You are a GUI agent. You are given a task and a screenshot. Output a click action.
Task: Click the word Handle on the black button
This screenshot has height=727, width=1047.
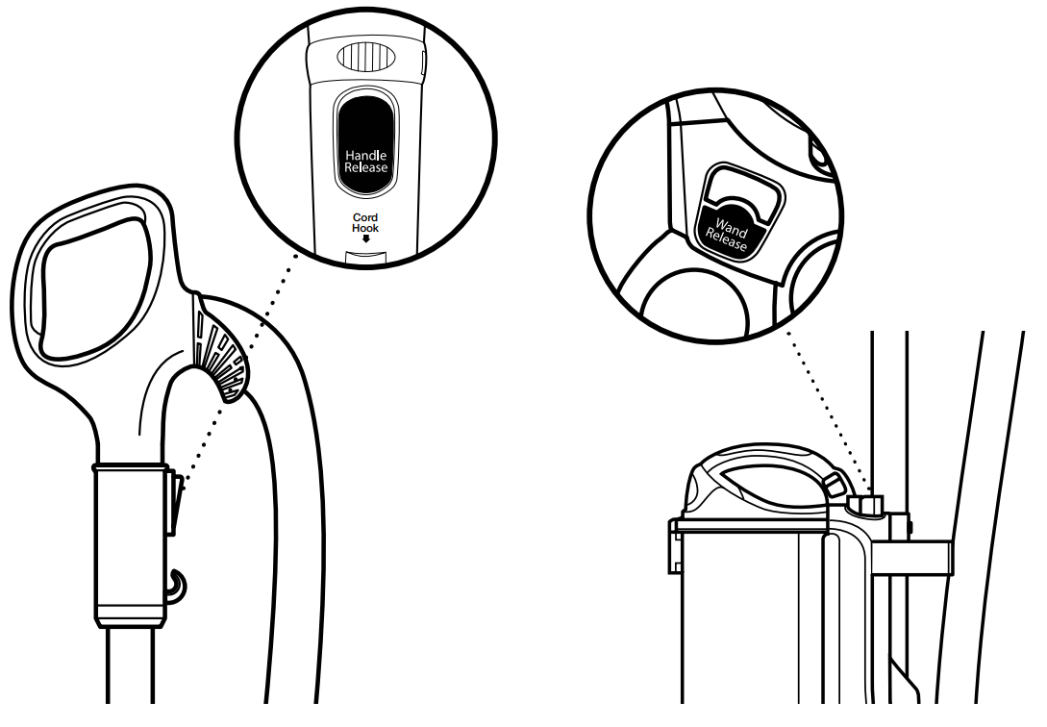pos(366,154)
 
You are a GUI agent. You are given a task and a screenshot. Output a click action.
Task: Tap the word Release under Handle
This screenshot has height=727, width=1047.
pos(366,167)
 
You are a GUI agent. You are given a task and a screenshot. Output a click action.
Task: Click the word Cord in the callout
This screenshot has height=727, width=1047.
pos(365,217)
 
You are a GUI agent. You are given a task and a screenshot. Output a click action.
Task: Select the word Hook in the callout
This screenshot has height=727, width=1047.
pos(365,228)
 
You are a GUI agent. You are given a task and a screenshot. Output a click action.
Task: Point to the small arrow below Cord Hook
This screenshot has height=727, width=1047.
pos(365,238)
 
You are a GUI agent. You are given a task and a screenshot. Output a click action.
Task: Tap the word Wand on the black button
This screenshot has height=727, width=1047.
pos(733,226)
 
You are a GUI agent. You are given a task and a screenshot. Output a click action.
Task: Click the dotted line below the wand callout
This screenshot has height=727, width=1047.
pos(827,414)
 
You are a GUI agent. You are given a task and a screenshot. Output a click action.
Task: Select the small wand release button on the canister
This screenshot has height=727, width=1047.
pos(867,505)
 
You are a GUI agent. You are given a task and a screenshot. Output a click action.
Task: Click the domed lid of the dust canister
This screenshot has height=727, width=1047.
pos(750,486)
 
